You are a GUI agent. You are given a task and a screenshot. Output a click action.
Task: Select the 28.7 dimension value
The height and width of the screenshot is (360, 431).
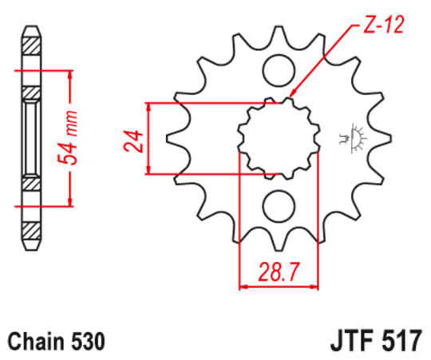tap(279, 272)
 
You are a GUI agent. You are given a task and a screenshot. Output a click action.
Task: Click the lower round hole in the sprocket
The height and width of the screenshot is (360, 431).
tap(278, 205)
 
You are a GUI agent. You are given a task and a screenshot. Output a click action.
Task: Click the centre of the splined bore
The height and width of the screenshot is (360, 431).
tap(279, 137)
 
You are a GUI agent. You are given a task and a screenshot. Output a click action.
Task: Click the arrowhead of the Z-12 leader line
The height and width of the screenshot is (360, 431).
tap(290, 97)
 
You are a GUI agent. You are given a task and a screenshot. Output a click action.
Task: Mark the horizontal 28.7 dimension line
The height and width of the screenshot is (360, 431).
tap(279, 287)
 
